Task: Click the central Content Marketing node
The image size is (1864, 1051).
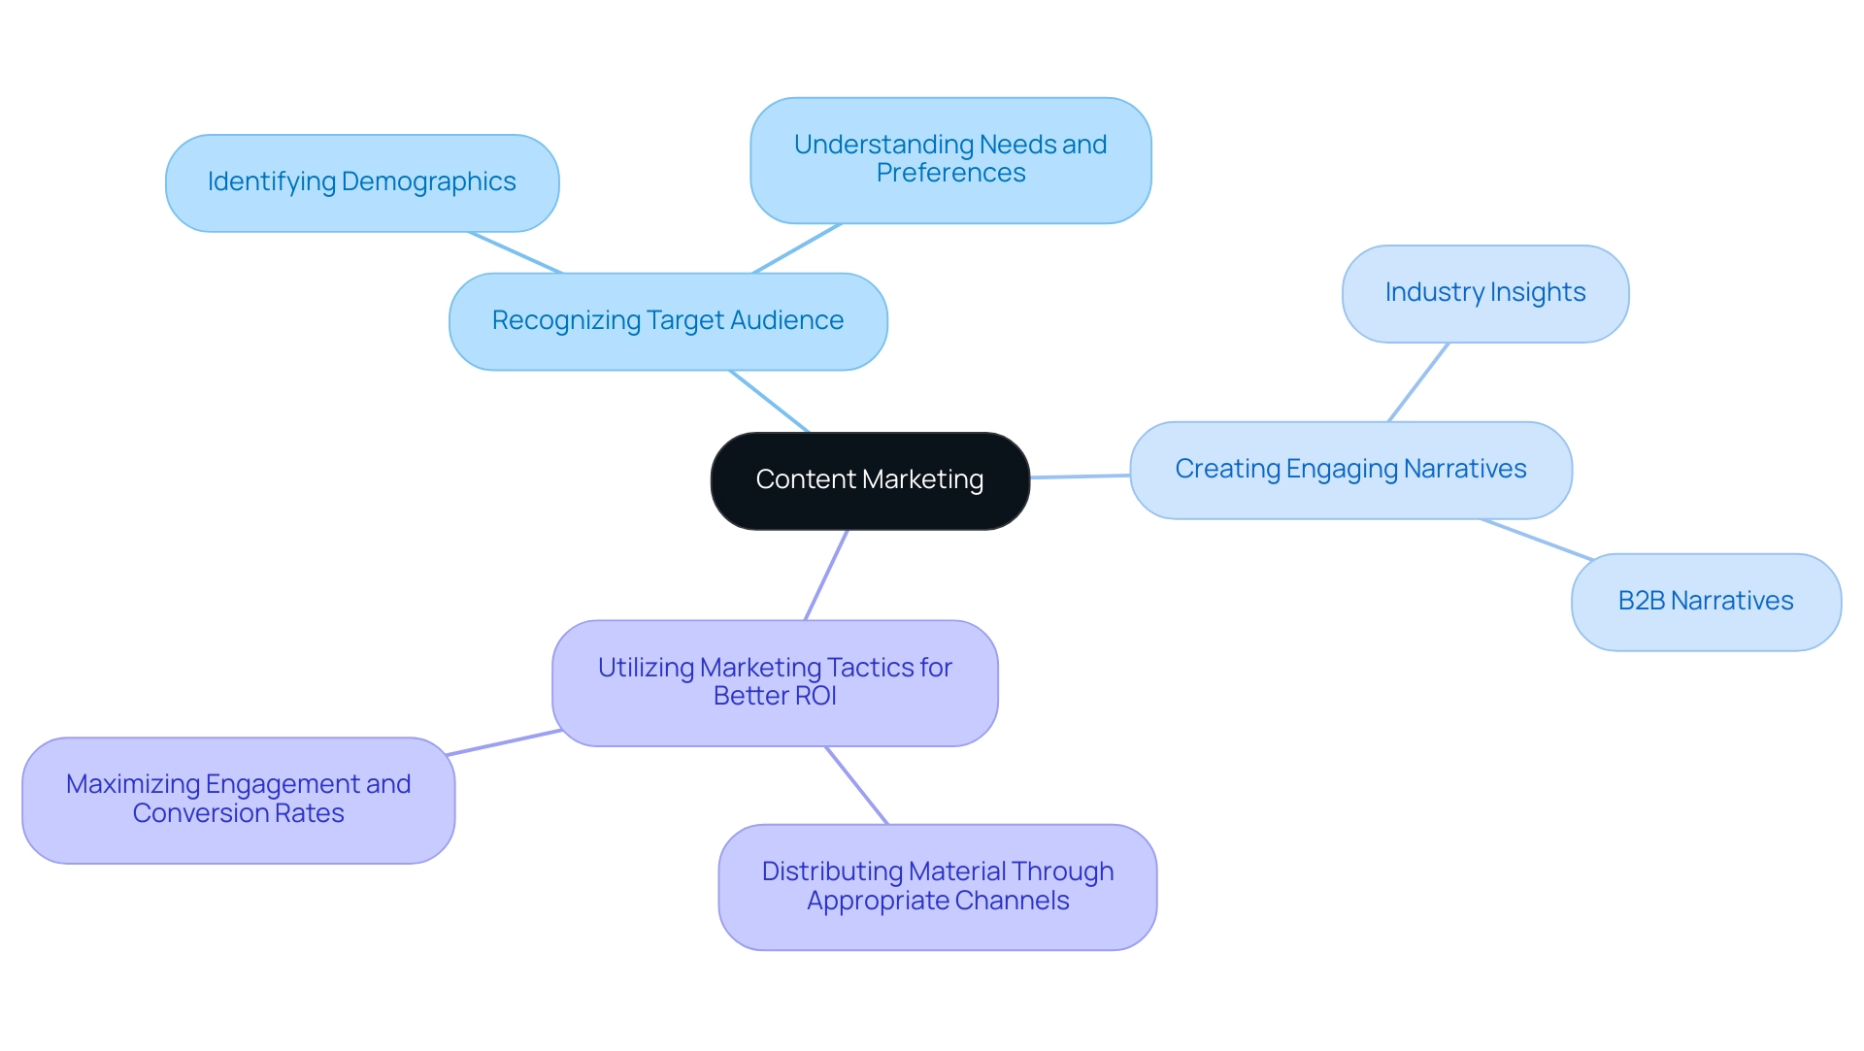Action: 870,480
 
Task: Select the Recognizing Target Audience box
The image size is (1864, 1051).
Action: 668,321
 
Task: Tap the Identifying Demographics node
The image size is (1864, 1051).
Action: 361,182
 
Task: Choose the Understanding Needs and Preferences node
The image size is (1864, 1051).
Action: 950,159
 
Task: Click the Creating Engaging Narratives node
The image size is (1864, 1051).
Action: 1350,470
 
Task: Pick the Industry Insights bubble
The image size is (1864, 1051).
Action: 1484,293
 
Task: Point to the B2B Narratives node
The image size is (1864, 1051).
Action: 1705,602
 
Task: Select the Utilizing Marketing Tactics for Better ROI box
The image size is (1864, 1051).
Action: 775,682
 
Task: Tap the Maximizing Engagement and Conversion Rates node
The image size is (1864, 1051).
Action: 238,800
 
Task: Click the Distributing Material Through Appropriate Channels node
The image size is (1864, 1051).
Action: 937,886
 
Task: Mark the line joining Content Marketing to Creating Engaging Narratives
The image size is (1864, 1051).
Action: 1080,476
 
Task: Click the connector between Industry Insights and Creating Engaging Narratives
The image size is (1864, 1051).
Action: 1418,382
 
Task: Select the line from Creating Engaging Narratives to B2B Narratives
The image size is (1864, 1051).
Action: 1537,540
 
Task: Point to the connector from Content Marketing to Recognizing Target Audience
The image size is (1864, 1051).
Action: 769,401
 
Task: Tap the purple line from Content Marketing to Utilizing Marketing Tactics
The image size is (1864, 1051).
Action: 826,575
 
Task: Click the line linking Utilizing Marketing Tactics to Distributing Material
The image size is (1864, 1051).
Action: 856,785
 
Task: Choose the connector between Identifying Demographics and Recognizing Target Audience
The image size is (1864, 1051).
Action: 516,252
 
